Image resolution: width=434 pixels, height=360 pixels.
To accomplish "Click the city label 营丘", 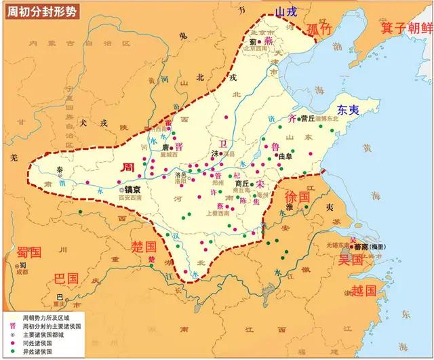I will (x=309, y=118).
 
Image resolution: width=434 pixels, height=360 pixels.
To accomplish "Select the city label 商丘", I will (x=241, y=183).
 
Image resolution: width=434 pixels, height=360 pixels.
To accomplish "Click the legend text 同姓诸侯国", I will (x=37, y=343).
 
